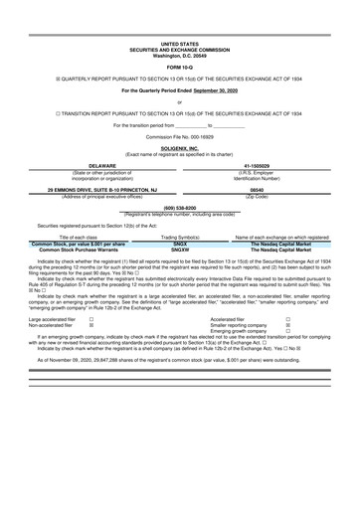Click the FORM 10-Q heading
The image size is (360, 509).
(179, 67)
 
